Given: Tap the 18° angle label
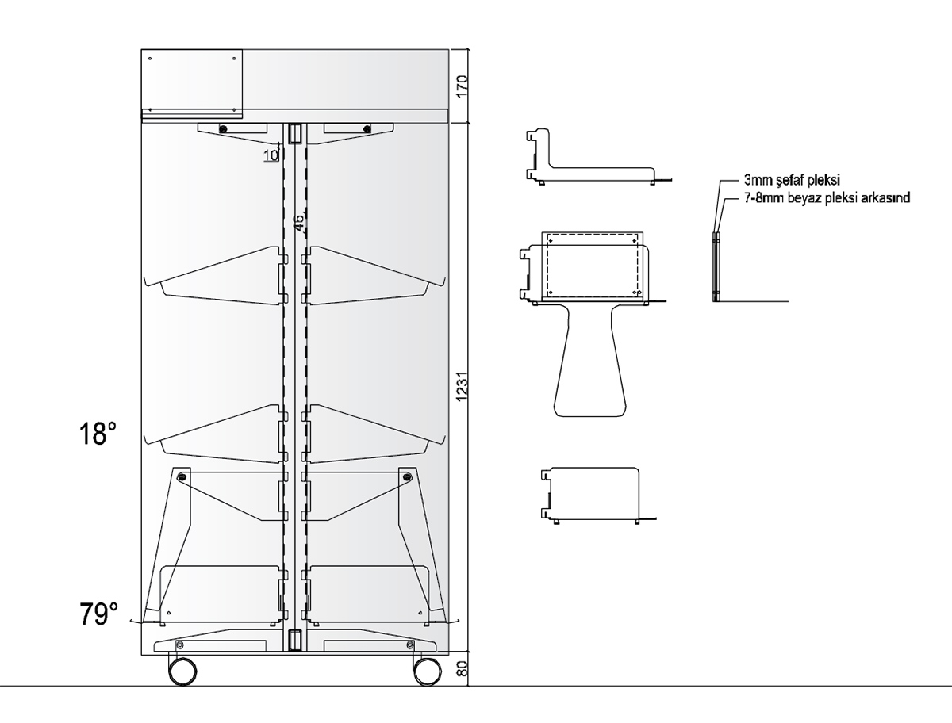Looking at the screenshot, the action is click(x=98, y=434).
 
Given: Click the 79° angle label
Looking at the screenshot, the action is click(x=98, y=614).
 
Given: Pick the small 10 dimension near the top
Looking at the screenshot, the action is click(x=271, y=155).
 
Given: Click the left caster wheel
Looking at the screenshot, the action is click(x=183, y=671).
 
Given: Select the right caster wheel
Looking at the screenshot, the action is click(x=427, y=671).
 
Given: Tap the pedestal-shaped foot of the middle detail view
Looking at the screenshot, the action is click(x=589, y=365).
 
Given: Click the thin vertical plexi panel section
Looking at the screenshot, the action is click(x=716, y=266).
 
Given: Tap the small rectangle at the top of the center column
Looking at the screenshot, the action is click(x=295, y=133).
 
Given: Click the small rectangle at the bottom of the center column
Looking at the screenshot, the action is click(x=295, y=640).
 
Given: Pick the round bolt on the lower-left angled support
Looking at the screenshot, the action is click(x=183, y=477).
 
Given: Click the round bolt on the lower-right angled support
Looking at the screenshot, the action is click(x=407, y=477).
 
